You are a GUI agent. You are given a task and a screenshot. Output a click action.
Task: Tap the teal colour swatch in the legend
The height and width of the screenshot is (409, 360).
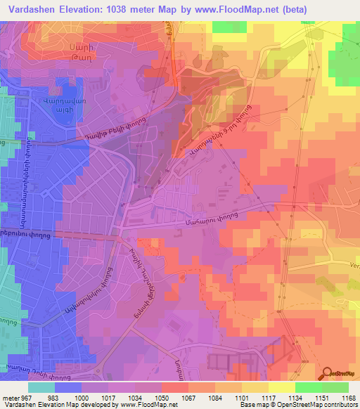click(41, 387)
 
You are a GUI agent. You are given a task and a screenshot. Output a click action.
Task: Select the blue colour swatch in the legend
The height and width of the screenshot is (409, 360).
click(68, 387)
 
